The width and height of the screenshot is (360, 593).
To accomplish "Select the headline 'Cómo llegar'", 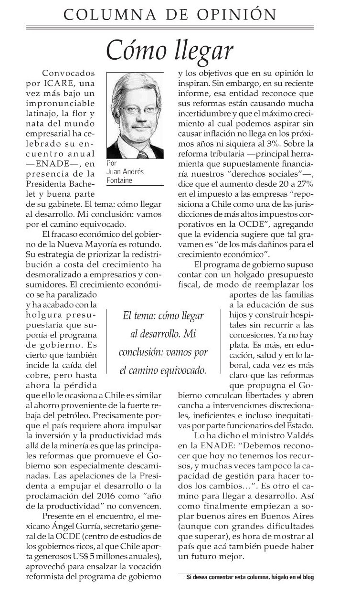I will point(169,49).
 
